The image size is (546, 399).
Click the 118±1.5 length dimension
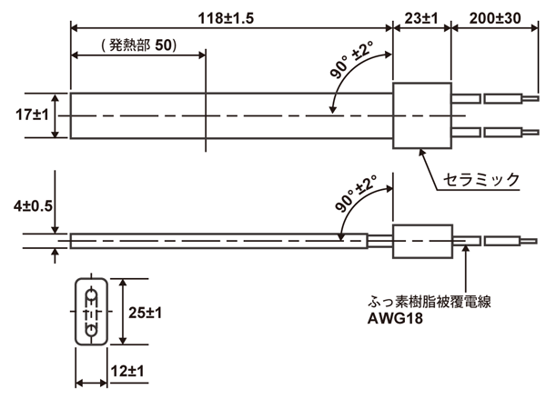231,16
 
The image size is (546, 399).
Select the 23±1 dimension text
420,16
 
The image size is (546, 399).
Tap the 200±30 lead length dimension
500,16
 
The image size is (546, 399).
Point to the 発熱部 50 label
136,45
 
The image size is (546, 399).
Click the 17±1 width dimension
25,115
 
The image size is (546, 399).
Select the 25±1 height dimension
143,313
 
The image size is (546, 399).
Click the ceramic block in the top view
420,115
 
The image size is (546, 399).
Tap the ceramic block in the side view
421,241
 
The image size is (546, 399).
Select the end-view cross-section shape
91,312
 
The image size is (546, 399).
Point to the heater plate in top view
227,115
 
